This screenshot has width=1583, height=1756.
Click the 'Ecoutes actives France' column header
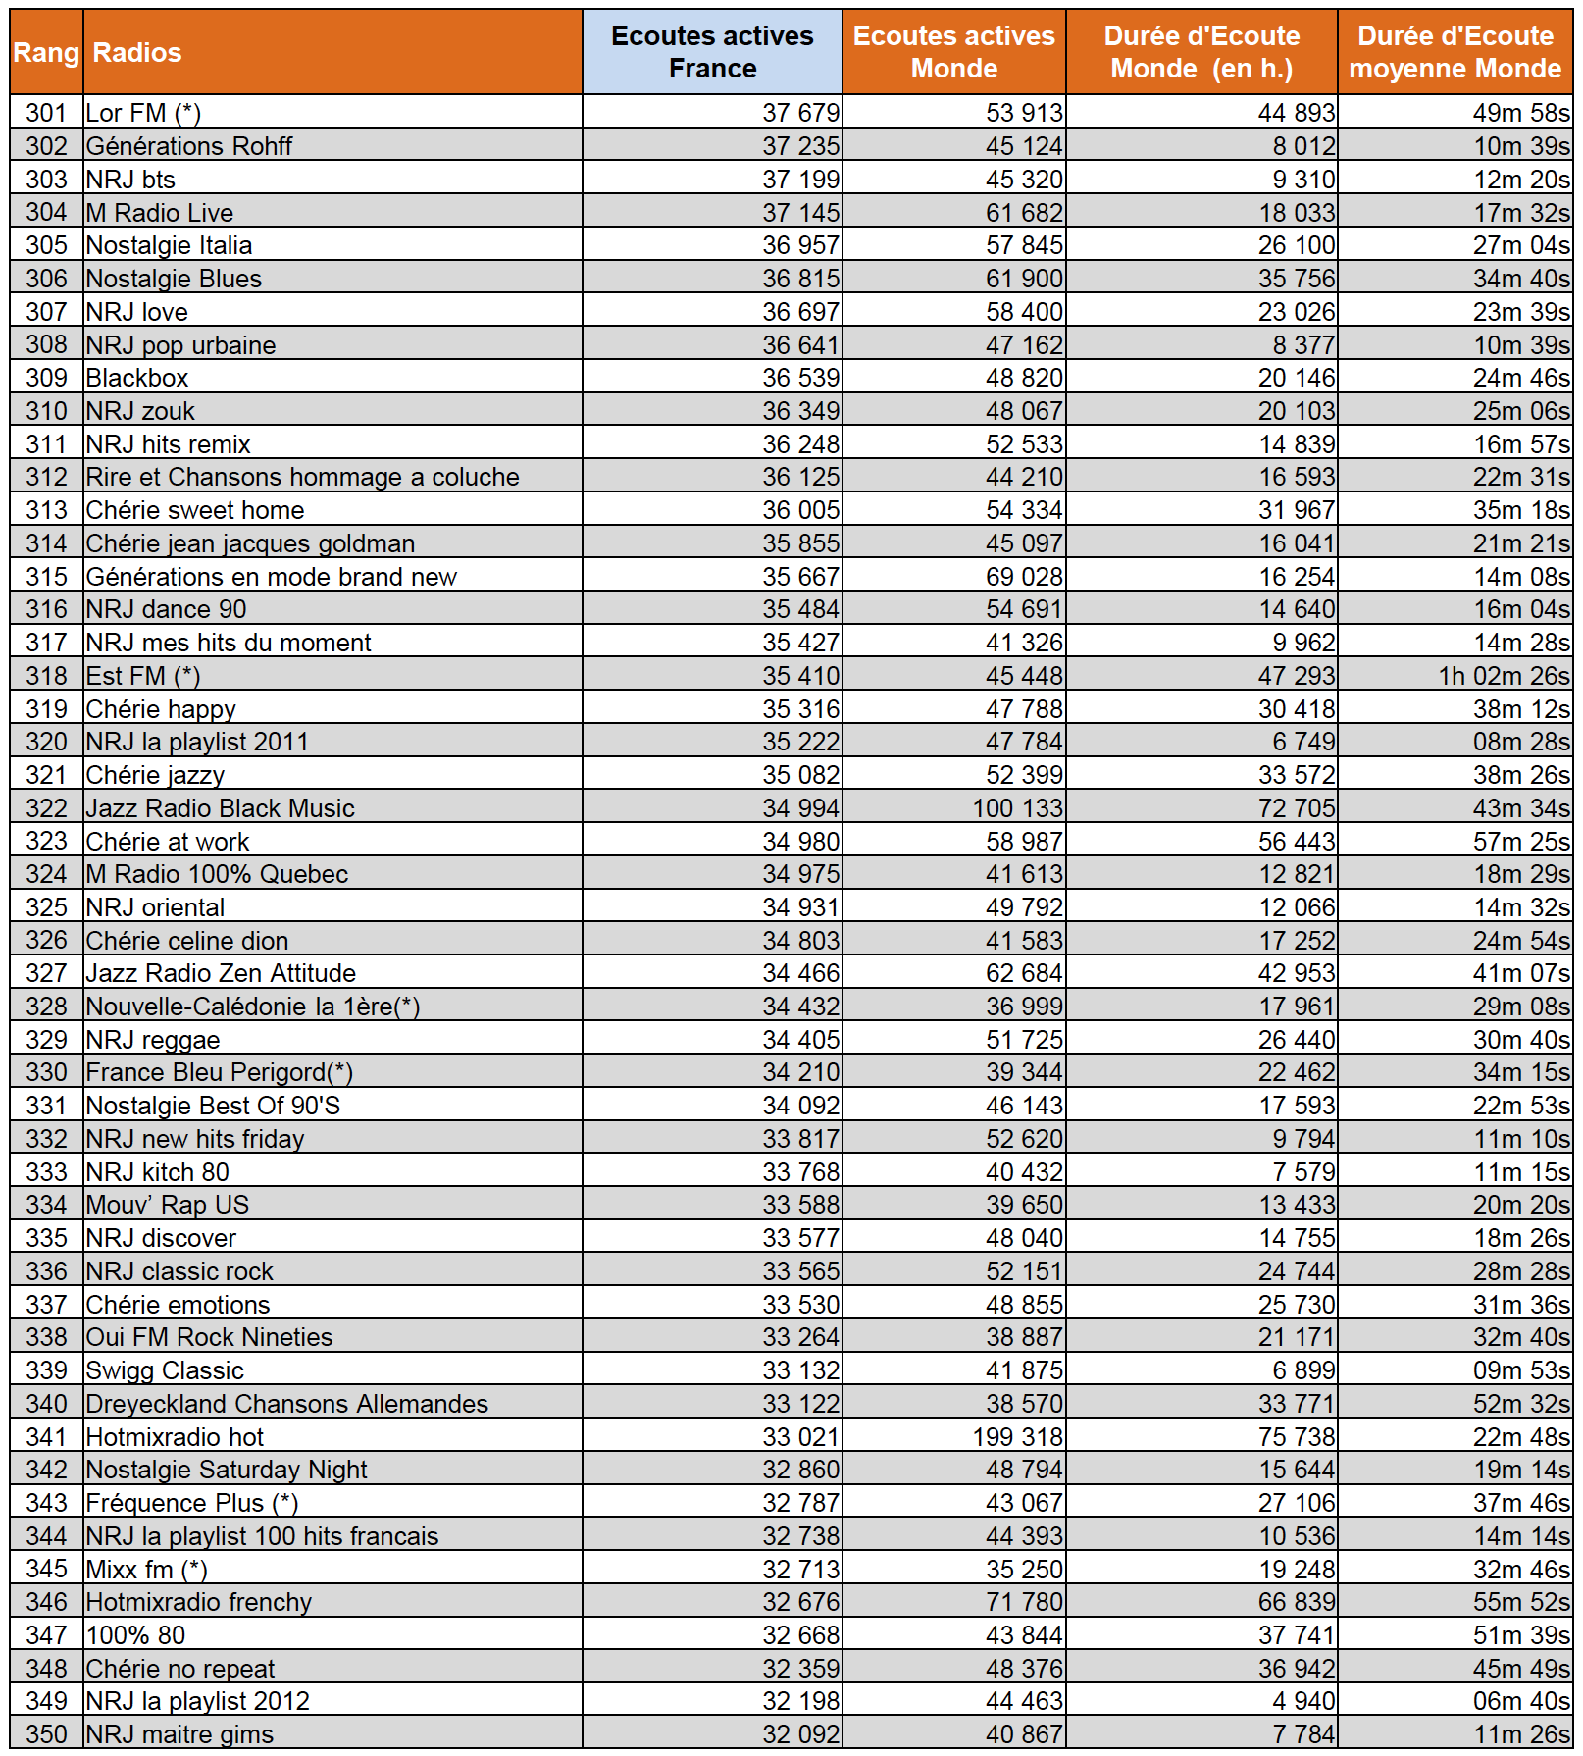[712, 52]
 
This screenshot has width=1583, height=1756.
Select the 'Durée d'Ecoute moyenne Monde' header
[1455, 52]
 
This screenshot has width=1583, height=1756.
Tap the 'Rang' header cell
[46, 52]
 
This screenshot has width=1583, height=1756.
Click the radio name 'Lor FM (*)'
[143, 113]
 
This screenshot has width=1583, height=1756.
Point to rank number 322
[46, 808]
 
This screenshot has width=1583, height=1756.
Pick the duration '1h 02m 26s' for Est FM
[1504, 676]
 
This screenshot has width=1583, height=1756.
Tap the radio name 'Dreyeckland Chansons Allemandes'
[286, 1404]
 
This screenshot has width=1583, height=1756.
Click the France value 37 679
[800, 113]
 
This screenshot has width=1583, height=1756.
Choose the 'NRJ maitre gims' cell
[179, 1734]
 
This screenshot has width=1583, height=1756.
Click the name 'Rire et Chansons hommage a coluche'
[302, 477]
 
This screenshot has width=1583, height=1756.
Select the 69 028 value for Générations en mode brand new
[1024, 577]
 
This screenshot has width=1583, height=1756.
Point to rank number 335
[46, 1238]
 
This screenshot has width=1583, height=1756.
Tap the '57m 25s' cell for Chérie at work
[1521, 842]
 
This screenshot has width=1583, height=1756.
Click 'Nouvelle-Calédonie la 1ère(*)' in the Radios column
[253, 1007]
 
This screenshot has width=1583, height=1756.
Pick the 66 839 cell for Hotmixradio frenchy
[1297, 1602]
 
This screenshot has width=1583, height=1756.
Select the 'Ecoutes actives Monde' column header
[953, 52]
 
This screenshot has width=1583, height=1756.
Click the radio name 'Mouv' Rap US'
[168, 1205]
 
